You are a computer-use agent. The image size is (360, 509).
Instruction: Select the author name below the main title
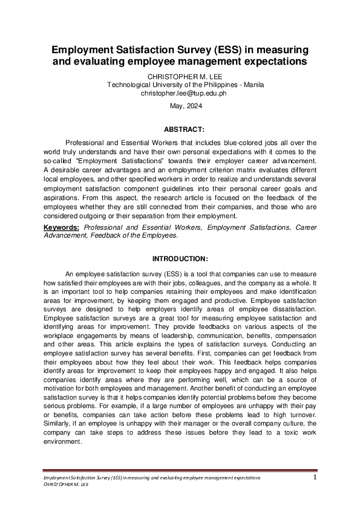pos(180,77)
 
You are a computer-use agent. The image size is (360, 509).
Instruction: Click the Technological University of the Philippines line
pos(180,85)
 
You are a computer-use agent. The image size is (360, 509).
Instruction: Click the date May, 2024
pos(180,106)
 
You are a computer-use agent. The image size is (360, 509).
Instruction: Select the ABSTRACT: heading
pos(180,129)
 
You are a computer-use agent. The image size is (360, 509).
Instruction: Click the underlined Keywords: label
pos(62,227)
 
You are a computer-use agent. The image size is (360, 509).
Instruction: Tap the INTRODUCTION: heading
pos(180,259)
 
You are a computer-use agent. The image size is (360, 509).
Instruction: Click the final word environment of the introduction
pos(64,441)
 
